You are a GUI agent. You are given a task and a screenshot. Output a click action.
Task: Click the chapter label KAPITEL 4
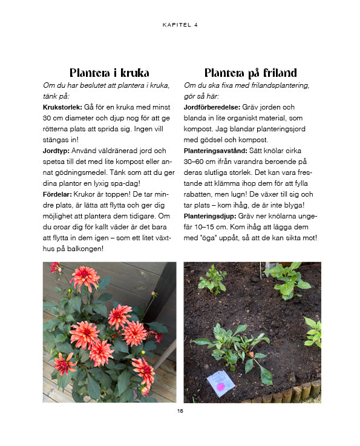pos(180,25)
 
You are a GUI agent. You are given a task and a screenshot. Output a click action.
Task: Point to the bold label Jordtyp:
pos(56,150)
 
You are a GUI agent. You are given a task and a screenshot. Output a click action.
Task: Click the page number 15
pos(180,412)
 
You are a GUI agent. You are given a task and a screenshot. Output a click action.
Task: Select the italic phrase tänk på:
pos(56,96)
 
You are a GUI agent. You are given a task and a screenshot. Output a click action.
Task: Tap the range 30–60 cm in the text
pos(201,162)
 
